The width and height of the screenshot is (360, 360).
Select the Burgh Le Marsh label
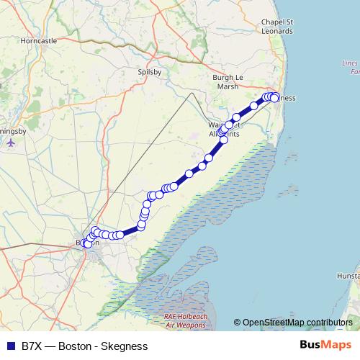click(x=228, y=81)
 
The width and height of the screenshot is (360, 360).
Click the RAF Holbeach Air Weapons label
click(x=185, y=321)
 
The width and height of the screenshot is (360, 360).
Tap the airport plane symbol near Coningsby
click(x=11, y=142)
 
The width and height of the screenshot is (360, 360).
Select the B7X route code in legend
click(x=32, y=346)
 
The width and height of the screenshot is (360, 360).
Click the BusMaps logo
click(x=325, y=345)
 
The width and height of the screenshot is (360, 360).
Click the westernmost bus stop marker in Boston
click(x=86, y=243)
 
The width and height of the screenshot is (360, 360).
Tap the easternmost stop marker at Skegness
click(x=275, y=98)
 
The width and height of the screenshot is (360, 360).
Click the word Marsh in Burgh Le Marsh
click(x=228, y=86)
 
